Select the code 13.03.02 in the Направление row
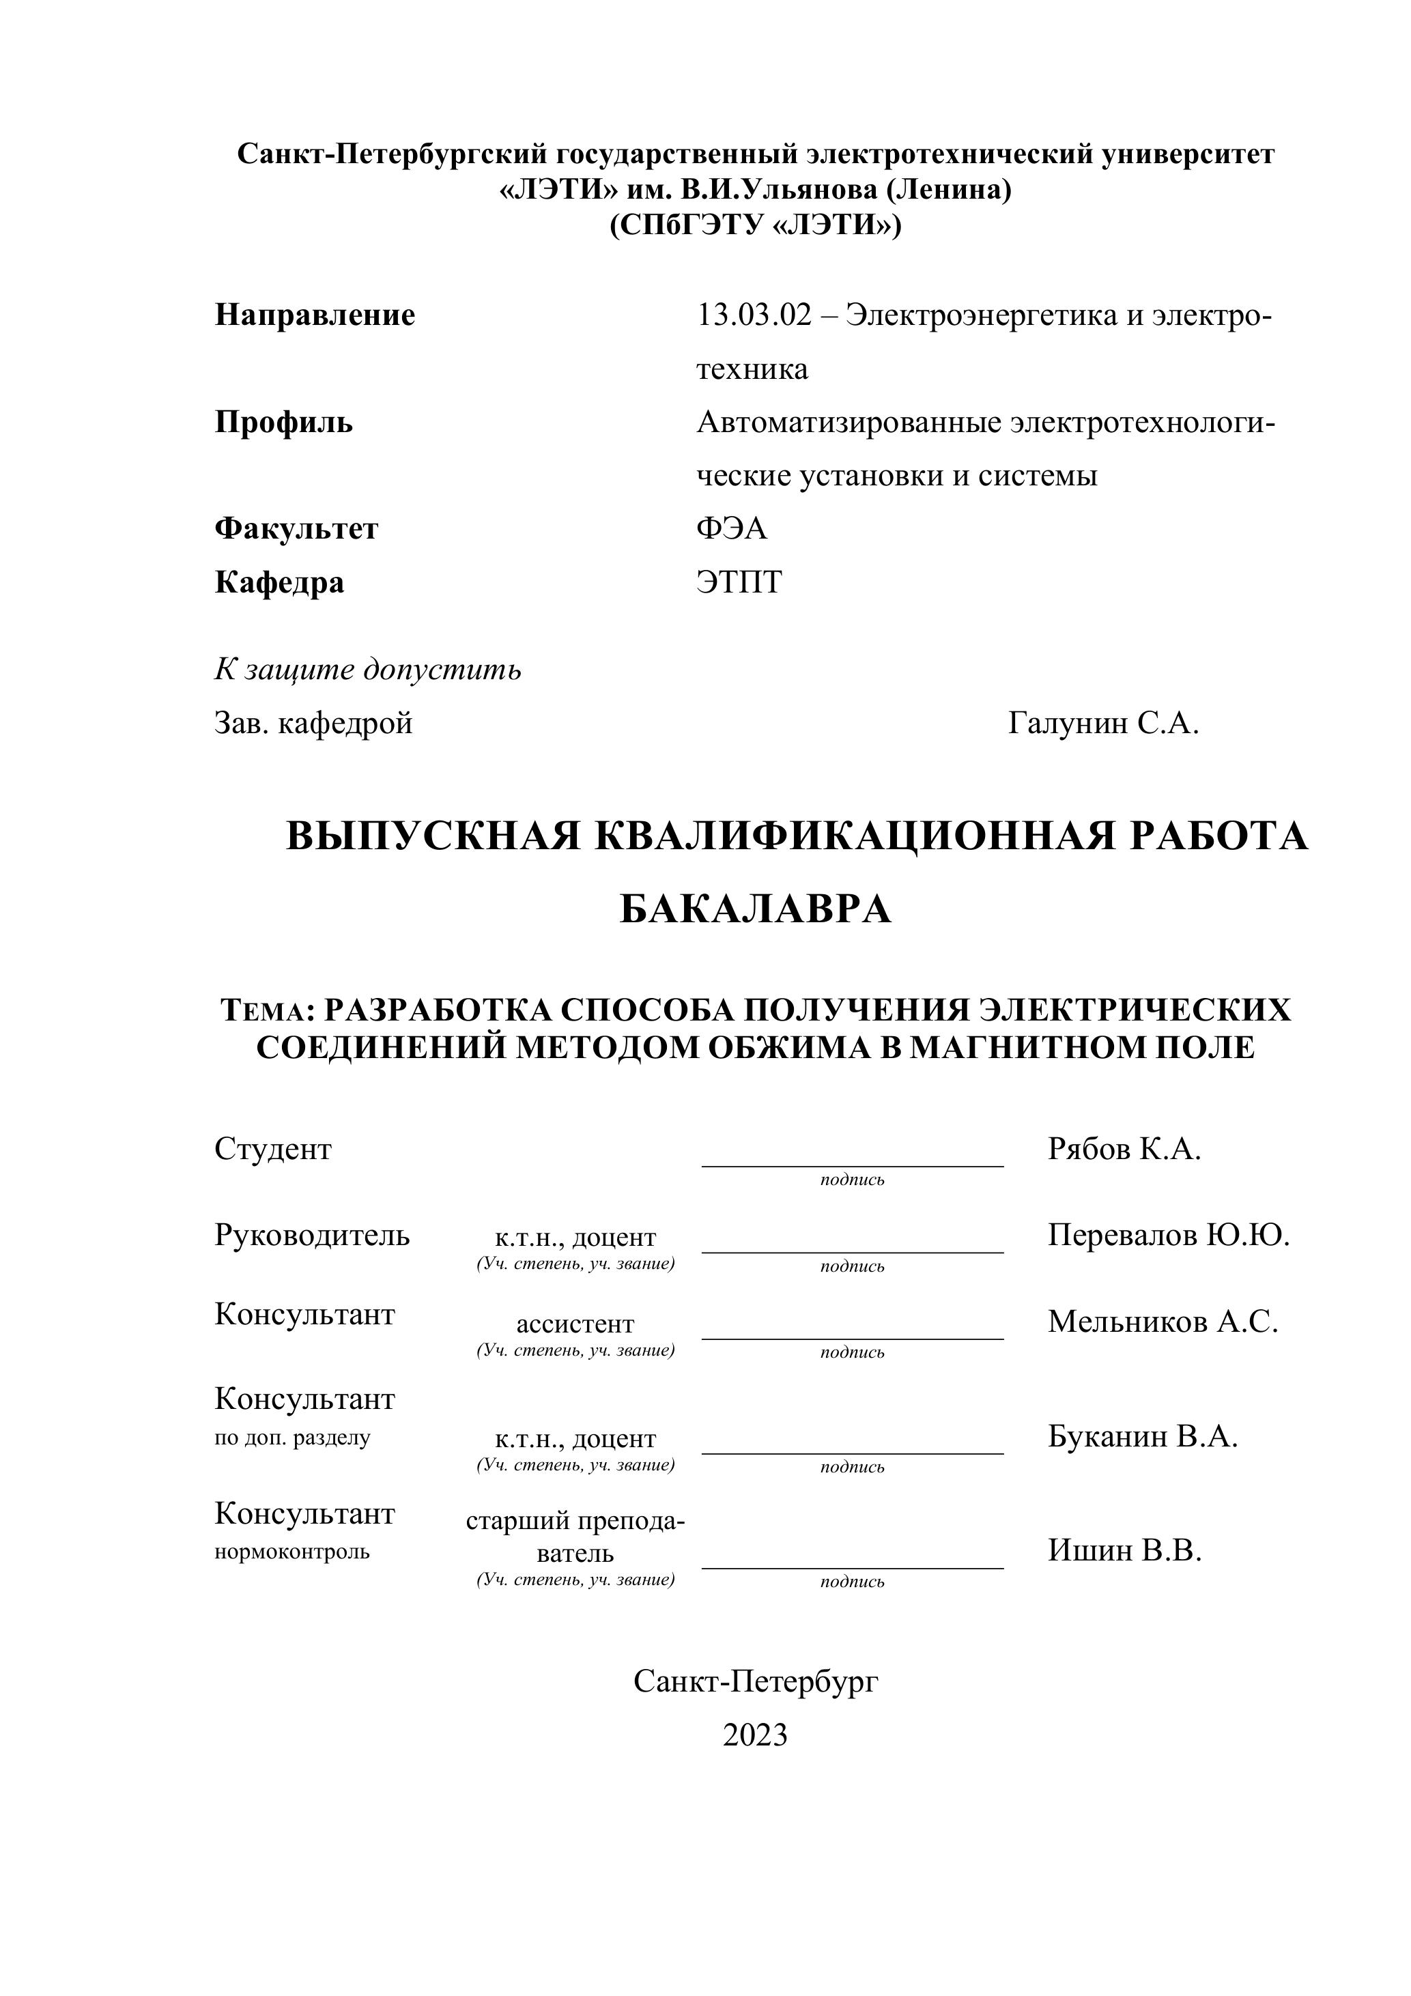click(x=753, y=315)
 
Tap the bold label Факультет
click(x=296, y=528)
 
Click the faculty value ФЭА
click(x=731, y=528)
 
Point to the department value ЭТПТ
click(x=739, y=582)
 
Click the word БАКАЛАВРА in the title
click(x=756, y=909)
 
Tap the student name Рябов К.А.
click(x=1124, y=1150)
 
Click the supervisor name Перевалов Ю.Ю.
click(x=1169, y=1236)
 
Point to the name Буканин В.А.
click(x=1142, y=1436)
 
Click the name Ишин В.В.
click(x=1124, y=1550)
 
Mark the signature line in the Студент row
click(x=852, y=1165)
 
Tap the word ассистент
click(x=575, y=1324)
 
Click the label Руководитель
click(x=312, y=1236)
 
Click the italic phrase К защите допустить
click(x=368, y=670)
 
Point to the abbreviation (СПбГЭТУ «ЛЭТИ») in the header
click(x=756, y=225)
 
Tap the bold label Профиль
click(x=283, y=423)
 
